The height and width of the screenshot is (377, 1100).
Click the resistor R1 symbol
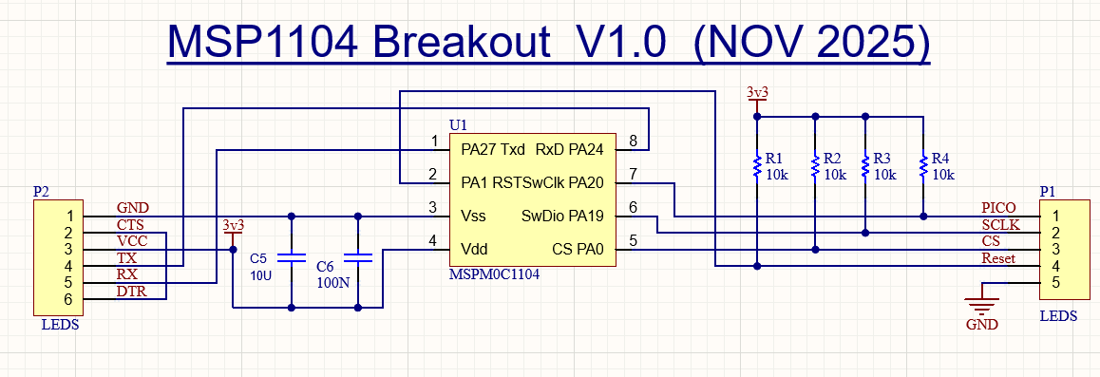coord(757,166)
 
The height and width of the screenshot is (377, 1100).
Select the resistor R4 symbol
coord(923,166)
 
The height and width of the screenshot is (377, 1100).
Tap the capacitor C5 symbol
coord(291,258)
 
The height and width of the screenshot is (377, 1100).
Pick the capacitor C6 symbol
coord(358,258)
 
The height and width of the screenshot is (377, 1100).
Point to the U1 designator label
coord(458,125)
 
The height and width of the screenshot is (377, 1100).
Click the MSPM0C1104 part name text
coord(494,275)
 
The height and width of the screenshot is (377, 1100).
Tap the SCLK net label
coord(999,225)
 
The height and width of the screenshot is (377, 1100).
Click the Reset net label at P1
coord(999,258)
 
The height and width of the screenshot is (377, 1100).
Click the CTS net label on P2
coord(130,225)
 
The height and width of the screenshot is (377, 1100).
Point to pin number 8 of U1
coord(633,141)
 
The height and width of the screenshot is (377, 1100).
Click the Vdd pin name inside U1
coord(474,249)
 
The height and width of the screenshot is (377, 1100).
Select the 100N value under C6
coord(332,284)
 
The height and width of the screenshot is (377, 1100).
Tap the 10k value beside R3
coord(886,175)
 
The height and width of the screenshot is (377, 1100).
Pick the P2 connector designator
coord(42,191)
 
